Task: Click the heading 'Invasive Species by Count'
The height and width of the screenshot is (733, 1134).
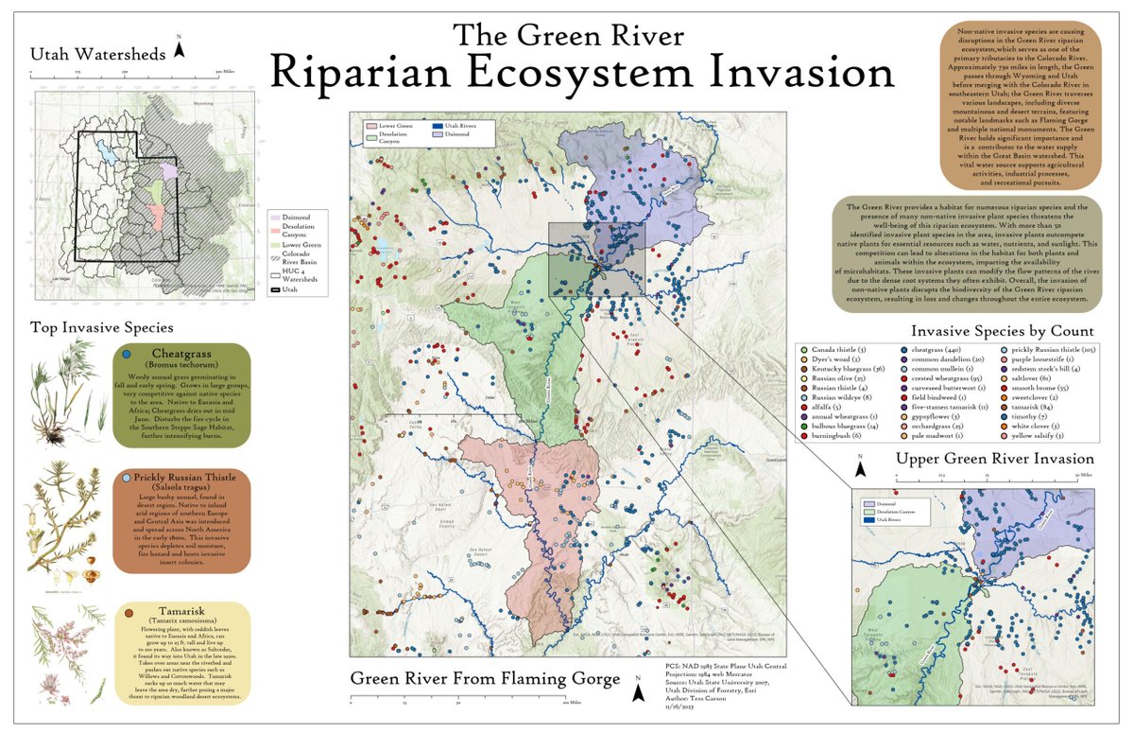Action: [1003, 331]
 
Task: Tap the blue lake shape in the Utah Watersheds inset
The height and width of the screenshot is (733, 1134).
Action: [112, 152]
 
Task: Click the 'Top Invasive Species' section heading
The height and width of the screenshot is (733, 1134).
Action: [102, 328]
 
